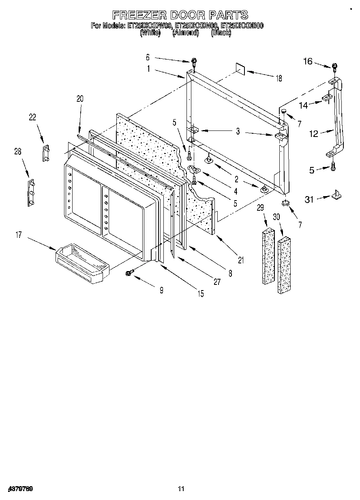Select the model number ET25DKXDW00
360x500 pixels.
coord(150,26)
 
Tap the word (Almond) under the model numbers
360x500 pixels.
coord(185,33)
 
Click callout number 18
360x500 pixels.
coord(279,79)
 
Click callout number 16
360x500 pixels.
coord(308,61)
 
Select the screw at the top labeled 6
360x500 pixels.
coord(194,62)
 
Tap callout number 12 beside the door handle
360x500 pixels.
coord(314,133)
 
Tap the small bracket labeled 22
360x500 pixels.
coord(46,153)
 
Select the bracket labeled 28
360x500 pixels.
coord(31,193)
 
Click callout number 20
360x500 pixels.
coord(79,98)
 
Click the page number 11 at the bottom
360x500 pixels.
coord(181,489)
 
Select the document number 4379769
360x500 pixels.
coord(20,489)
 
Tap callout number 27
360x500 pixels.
coord(217,282)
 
